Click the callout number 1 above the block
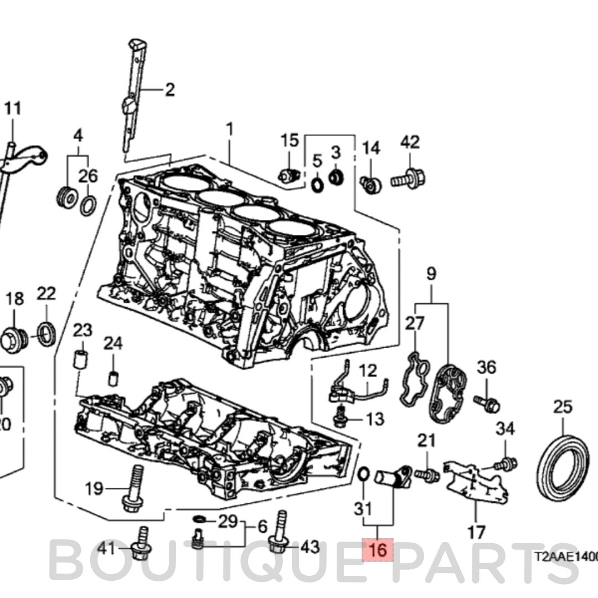tap(229, 131)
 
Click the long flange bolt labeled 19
tap(135, 489)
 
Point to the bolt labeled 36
tap(487, 404)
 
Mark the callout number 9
tap(431, 274)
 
